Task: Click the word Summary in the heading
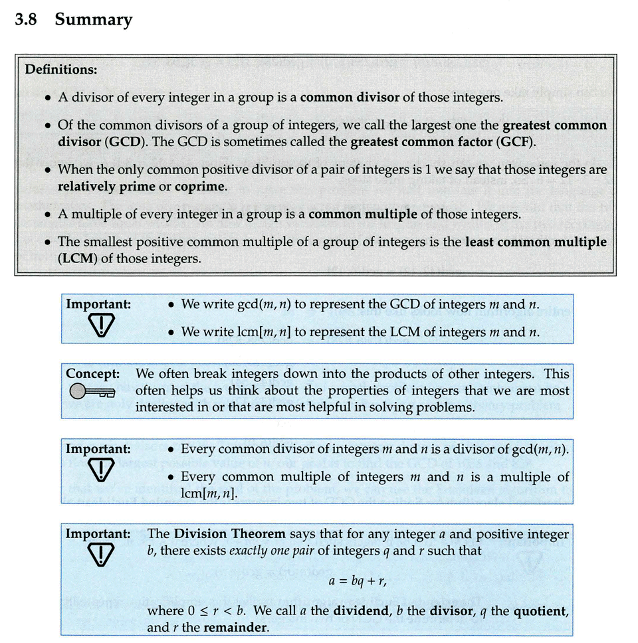point(94,20)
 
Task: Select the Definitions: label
point(60,69)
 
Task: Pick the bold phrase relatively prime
point(106,187)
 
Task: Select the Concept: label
point(92,374)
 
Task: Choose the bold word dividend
point(356,610)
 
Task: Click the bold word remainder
point(236,627)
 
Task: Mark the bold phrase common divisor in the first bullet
point(350,97)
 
